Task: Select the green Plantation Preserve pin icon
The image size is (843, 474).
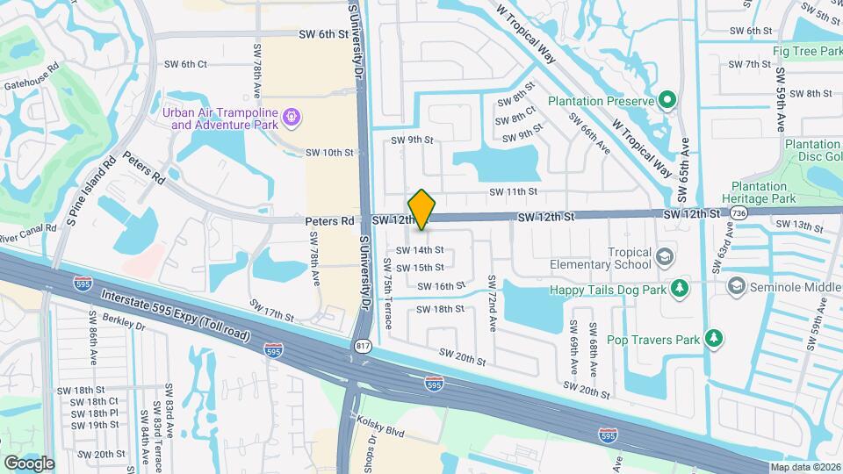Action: click(668, 101)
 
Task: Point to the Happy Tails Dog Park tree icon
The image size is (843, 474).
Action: click(679, 288)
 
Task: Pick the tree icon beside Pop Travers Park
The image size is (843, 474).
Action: click(716, 339)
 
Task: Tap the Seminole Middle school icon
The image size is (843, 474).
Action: click(737, 286)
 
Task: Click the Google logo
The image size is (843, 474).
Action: click(29, 463)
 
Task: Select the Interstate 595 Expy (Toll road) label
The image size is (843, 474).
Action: click(176, 318)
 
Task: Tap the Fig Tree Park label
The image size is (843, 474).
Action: click(807, 51)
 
